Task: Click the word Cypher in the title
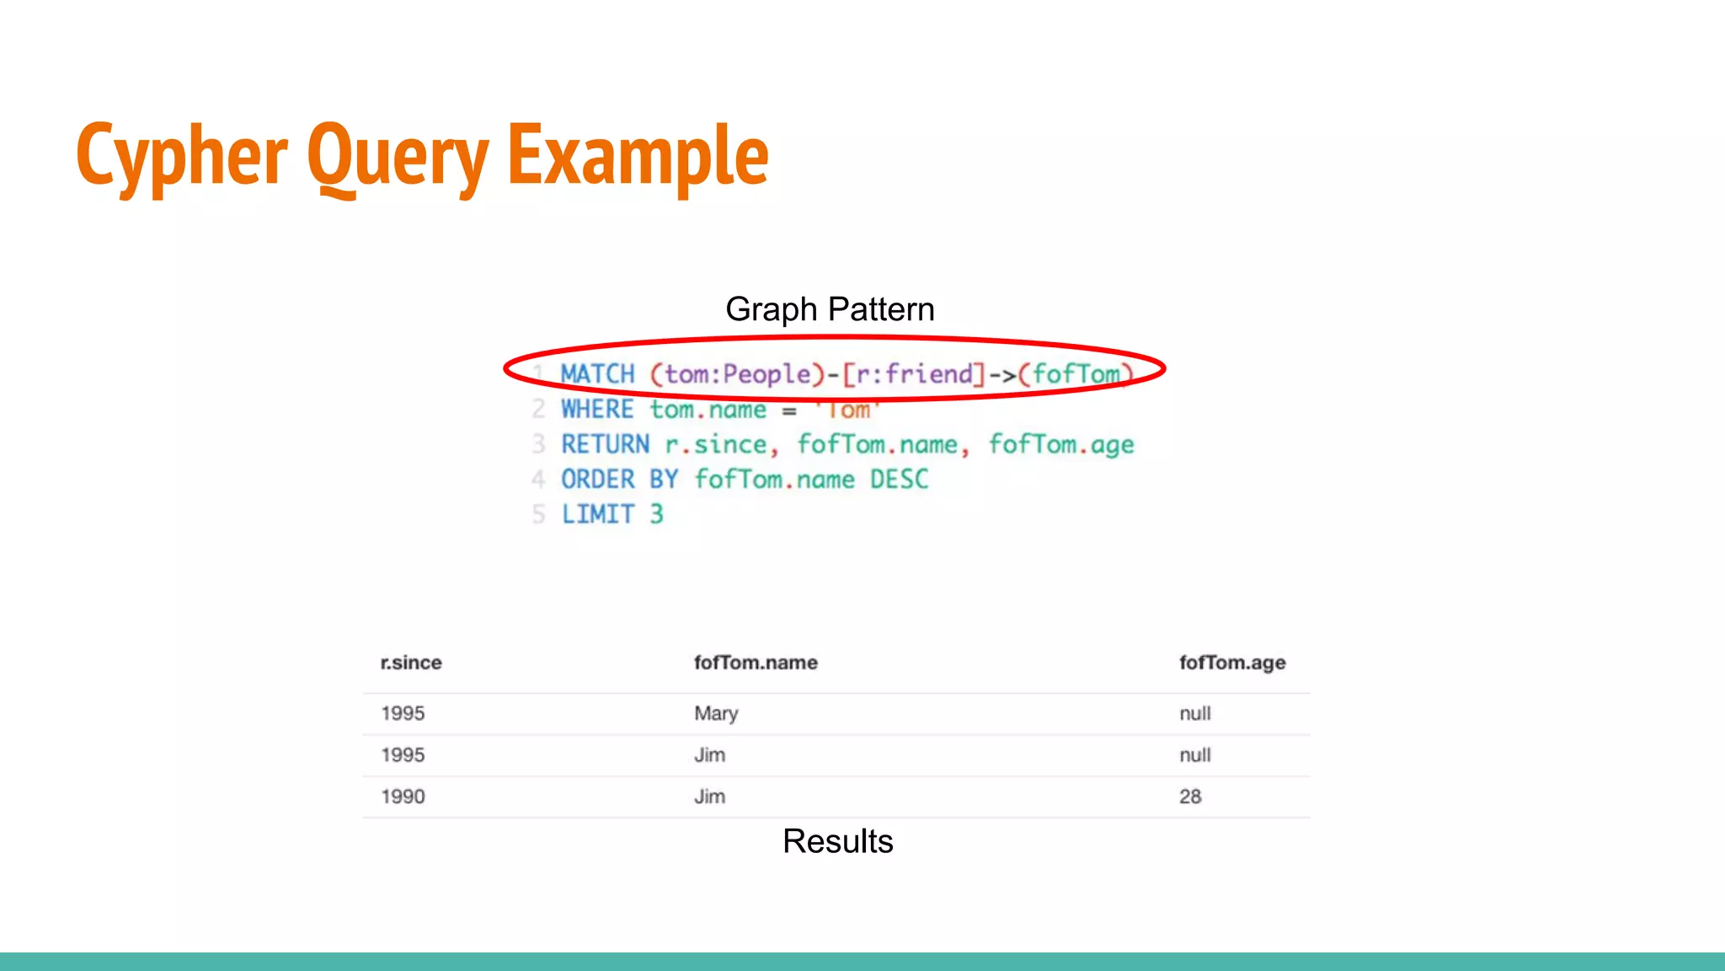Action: pos(182,156)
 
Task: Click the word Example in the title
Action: pos(638,156)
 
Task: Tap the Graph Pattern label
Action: pos(830,309)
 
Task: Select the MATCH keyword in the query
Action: pos(597,374)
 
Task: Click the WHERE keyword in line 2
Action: pos(597,410)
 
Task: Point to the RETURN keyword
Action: pos(605,444)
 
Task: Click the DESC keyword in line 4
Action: pos(899,480)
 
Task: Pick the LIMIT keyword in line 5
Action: pos(597,514)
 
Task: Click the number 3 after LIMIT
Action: pos(657,514)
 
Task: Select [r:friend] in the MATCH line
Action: pos(913,374)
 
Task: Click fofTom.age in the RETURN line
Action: pos(1060,444)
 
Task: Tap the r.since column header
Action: pos(411,663)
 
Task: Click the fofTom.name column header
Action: pos(756,663)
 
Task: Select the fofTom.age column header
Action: pos(1231,663)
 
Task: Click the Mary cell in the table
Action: pos(716,714)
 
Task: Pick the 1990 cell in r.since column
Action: pos(403,797)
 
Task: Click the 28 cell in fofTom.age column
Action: pos(1189,797)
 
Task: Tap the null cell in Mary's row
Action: pos(1194,714)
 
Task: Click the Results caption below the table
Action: pos(837,841)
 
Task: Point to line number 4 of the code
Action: pos(538,480)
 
